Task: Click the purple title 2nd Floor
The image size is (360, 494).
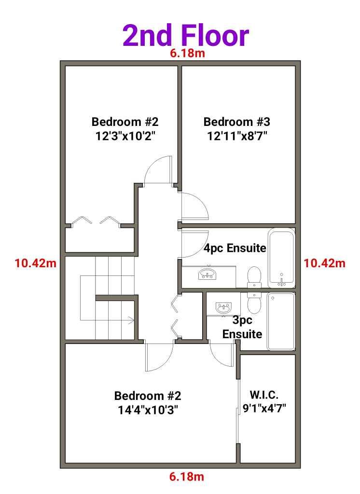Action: pyautogui.click(x=186, y=36)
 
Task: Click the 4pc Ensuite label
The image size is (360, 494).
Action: pyautogui.click(x=235, y=248)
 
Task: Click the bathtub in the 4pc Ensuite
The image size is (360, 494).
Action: pyautogui.click(x=281, y=258)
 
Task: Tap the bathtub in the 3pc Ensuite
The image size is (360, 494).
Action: pyautogui.click(x=281, y=321)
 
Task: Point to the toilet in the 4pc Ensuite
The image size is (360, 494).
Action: pyautogui.click(x=254, y=276)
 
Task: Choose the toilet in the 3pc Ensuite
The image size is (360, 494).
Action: pyautogui.click(x=253, y=302)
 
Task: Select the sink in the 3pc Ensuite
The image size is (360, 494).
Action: pyautogui.click(x=223, y=307)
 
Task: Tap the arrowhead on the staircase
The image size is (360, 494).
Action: pyautogui.click(x=130, y=319)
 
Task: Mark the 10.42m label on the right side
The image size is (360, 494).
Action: pyautogui.click(x=324, y=263)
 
